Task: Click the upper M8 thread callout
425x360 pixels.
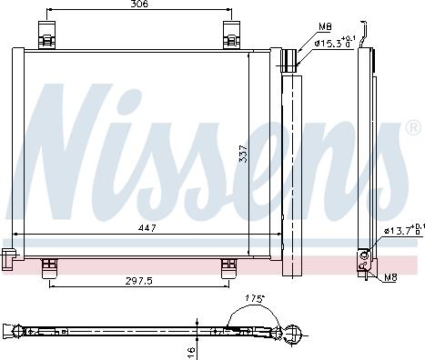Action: pos(325,28)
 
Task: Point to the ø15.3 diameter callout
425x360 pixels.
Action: pos(333,43)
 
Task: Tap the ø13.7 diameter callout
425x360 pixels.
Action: pos(401,230)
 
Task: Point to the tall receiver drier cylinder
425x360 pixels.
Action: pos(292,173)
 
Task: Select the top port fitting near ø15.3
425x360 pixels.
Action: pos(288,60)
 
